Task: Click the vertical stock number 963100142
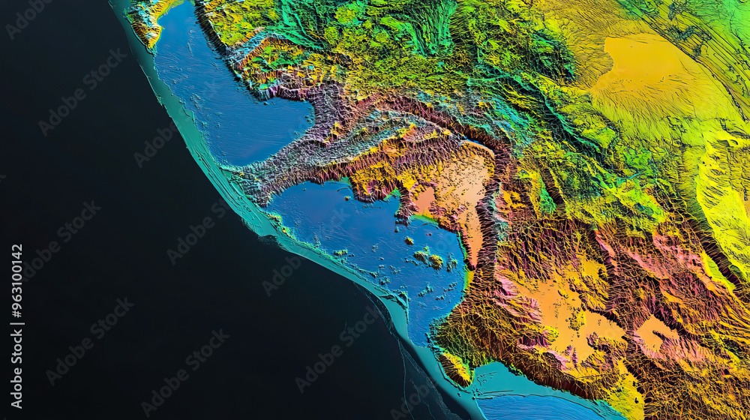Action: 16,326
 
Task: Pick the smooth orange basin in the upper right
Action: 645,67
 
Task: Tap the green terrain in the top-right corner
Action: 720,22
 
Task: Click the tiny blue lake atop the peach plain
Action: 474,142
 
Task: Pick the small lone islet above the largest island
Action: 409,241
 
